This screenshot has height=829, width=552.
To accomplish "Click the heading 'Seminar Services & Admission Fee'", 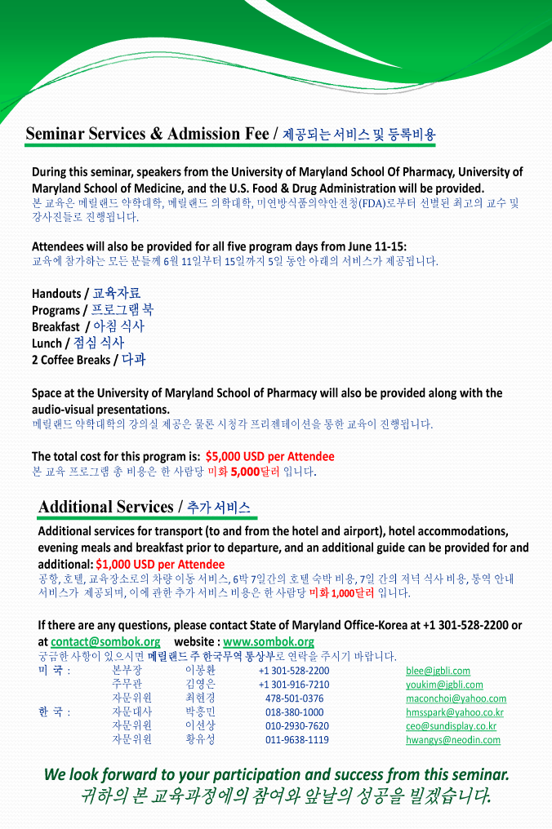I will click(x=147, y=134).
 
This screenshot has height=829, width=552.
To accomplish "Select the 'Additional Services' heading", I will click(x=105, y=507).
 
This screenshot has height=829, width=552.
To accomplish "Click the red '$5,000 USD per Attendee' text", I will click(x=269, y=457).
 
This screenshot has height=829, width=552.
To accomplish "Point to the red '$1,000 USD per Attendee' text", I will click(x=160, y=564).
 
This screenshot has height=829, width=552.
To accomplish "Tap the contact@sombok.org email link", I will click(x=105, y=641).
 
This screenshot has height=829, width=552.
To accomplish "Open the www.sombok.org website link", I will click(x=269, y=641).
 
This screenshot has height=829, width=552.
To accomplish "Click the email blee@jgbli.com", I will click(x=438, y=671).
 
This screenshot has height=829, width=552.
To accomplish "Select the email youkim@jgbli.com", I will click(x=444, y=685).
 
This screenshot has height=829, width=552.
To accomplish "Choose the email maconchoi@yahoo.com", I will click(x=456, y=698).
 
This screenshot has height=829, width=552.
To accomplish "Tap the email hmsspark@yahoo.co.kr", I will click(x=455, y=712).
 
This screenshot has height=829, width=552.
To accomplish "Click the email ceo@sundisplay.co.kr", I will click(x=451, y=726).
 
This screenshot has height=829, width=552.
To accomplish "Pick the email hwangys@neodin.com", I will click(x=453, y=740).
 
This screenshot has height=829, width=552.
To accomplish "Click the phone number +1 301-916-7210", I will click(x=294, y=685).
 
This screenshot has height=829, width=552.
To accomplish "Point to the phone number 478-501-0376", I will click(x=294, y=698).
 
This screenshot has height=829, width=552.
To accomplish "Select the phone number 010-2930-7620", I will click(x=297, y=726).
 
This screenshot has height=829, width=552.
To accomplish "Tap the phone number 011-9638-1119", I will click(x=297, y=740).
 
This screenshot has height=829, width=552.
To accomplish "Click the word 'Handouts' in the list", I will click(x=56, y=294).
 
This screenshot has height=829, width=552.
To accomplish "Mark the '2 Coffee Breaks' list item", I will click(x=69, y=360).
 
